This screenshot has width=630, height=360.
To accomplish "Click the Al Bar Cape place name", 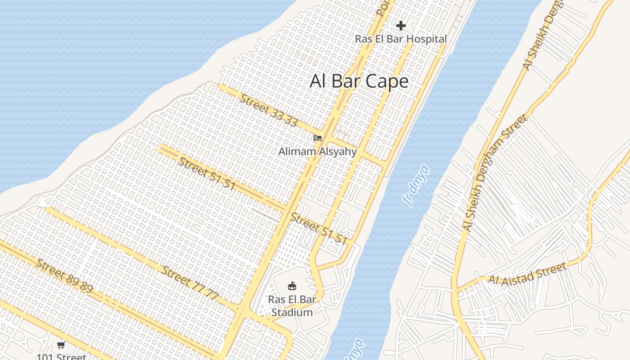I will pyautogui.click(x=359, y=81).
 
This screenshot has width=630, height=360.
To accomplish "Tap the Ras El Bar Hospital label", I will pyautogui.click(x=400, y=39).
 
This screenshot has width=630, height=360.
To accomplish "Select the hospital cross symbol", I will pyautogui.click(x=400, y=26).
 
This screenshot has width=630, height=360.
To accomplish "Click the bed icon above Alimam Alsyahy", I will pyautogui.click(x=318, y=138).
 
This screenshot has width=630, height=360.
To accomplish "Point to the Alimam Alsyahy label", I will pyautogui.click(x=317, y=152).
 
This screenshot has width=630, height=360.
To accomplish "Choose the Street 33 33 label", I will pyautogui.click(x=268, y=110).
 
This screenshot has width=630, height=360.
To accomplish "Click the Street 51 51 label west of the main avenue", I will pyautogui.click(x=207, y=174).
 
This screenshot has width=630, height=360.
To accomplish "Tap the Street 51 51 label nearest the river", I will pyautogui.click(x=319, y=229).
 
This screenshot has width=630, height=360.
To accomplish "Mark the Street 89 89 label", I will pyautogui.click(x=64, y=276).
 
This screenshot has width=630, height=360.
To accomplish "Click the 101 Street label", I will pyautogui.click(x=61, y=357).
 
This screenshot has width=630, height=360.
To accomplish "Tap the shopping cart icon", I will pyautogui.click(x=61, y=345).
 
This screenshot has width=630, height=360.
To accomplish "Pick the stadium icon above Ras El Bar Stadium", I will pyautogui.click(x=292, y=286).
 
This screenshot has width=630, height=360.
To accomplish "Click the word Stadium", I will pyautogui.click(x=292, y=312).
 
